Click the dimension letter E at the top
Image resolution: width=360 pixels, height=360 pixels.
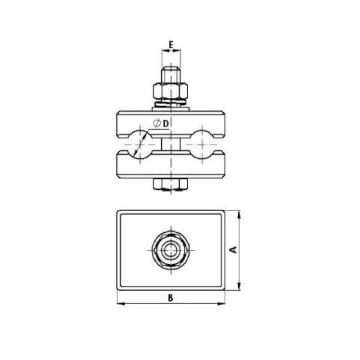tap(171, 44)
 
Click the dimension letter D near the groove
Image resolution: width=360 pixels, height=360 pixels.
tap(166, 122)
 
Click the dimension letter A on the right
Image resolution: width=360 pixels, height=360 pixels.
tap(234, 250)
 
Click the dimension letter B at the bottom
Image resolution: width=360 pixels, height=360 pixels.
tap(171, 297)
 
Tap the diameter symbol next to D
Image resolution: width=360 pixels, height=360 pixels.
tap(157, 122)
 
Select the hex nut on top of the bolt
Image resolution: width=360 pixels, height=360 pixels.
tap(171, 91)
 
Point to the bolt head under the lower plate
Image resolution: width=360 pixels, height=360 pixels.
tap(171, 184)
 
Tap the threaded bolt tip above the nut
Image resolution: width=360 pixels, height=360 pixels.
tap(171, 74)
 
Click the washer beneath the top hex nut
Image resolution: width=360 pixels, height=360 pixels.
tap(171, 104)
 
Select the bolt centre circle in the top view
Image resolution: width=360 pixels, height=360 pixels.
tap(171, 250)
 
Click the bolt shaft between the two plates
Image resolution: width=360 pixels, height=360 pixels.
tap(171, 144)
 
